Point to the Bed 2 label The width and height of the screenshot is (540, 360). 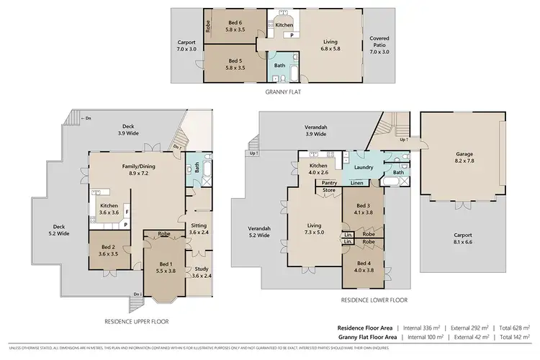point(109,250)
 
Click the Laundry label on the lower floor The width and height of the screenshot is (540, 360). point(362,167)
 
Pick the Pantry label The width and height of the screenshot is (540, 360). point(330,184)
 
